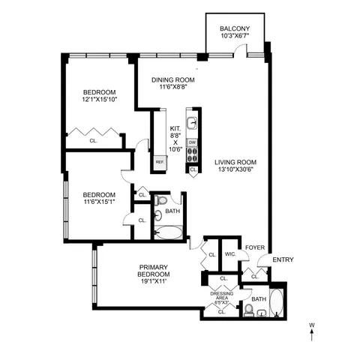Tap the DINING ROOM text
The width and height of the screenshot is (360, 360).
coord(173,80)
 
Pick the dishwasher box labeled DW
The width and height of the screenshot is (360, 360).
coord(192,142)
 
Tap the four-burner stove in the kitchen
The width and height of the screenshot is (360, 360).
coord(192,155)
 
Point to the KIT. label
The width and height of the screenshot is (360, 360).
coord(175,129)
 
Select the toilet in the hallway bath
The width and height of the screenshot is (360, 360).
coord(160,201)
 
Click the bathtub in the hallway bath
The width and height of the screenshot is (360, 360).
coord(167,232)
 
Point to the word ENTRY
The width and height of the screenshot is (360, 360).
coord(283,259)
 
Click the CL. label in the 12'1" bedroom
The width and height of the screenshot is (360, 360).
coord(93,139)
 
